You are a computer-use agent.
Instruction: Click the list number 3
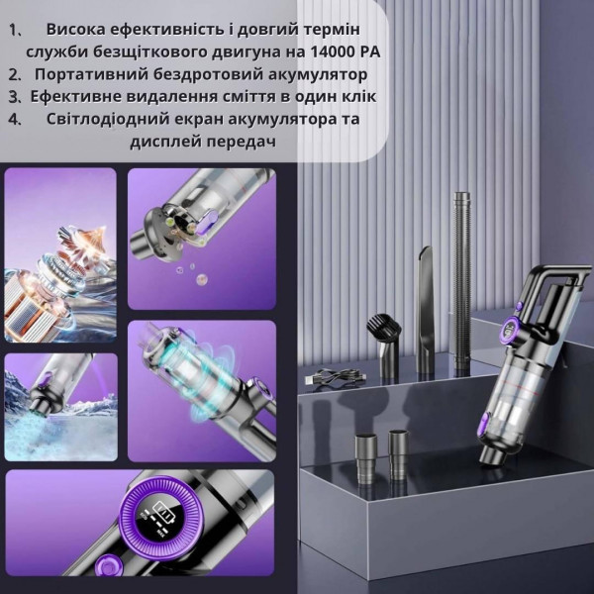tap(14, 97)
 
